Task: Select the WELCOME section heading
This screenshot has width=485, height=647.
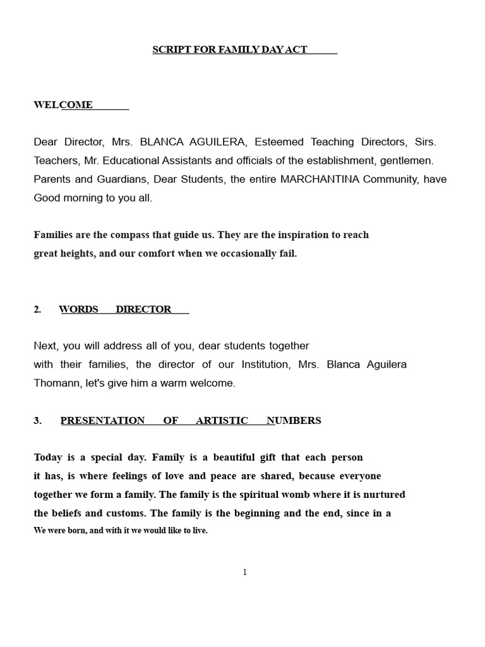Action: [63, 105]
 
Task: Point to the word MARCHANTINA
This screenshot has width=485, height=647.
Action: [320, 179]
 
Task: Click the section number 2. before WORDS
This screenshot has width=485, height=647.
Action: [37, 310]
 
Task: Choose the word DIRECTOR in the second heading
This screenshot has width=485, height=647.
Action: [143, 310]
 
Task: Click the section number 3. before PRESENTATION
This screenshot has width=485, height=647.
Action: [37, 421]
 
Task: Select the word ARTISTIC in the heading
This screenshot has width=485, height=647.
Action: [222, 421]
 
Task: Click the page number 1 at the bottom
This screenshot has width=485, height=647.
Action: [245, 572]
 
